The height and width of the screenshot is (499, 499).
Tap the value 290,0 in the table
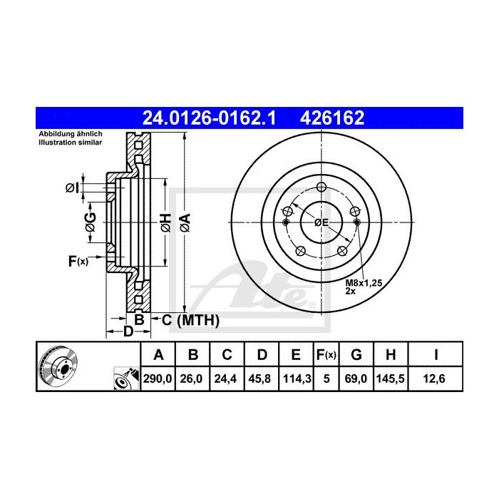(159, 380)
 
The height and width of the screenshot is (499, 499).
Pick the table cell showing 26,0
(192, 380)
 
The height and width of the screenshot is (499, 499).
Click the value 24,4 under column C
(226, 380)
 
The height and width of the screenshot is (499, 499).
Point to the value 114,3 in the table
(294, 380)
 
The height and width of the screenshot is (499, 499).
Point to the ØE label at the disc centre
(321, 222)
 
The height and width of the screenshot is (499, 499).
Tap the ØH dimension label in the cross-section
(164, 222)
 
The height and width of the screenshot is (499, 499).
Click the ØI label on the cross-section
(71, 188)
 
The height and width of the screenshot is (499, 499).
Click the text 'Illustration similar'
(70, 143)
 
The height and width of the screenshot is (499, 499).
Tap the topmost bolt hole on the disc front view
(321, 187)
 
